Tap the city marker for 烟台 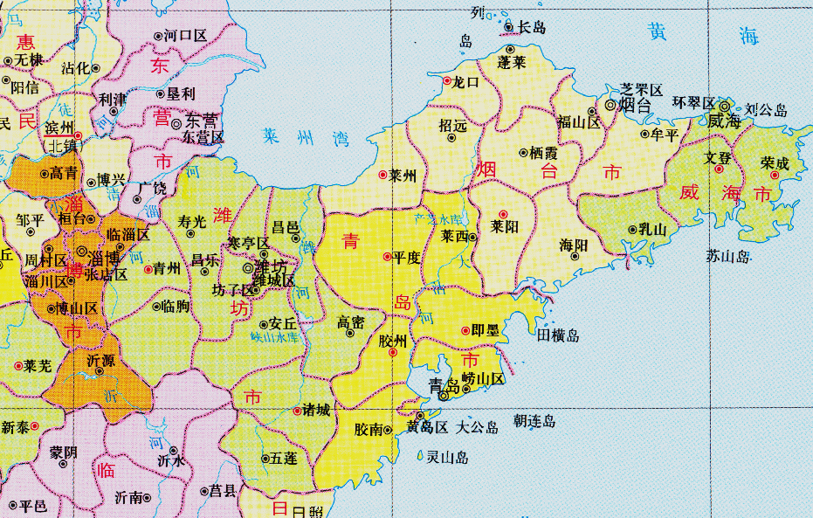coord(610,105)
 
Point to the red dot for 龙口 coord(447,80)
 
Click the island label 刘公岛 coord(766,111)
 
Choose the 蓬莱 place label coord(512,62)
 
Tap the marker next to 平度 coord(387,257)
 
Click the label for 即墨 coord(485,330)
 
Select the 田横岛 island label coord(558,335)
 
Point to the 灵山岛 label coord(447,457)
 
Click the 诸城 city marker coord(296,410)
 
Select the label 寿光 coord(191,221)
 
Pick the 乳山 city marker coord(632,230)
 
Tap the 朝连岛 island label coord(534,421)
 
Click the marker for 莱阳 coord(502,214)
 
